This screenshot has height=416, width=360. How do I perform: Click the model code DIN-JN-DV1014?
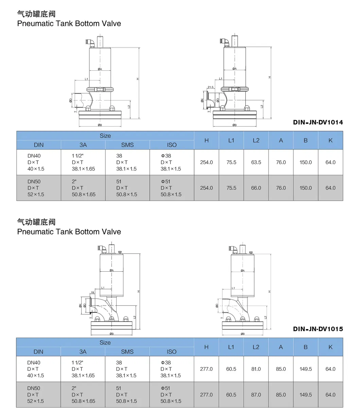click(x=318, y=122)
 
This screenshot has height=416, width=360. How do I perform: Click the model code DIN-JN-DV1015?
click(x=318, y=329)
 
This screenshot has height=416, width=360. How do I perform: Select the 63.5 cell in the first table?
click(x=256, y=162)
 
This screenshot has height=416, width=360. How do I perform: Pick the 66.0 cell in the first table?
click(x=256, y=188)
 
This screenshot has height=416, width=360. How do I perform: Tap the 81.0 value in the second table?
click(x=256, y=369)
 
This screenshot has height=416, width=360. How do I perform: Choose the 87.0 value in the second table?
click(x=256, y=395)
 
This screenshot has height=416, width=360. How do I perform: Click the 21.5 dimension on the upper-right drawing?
click(x=210, y=87)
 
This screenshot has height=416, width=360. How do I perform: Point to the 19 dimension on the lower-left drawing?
click(x=92, y=292)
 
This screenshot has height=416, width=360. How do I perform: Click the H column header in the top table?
click(x=206, y=140)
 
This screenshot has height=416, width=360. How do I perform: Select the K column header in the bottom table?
click(x=330, y=347)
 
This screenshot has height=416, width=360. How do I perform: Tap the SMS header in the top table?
click(x=127, y=145)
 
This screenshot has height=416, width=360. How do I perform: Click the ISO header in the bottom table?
click(x=172, y=352)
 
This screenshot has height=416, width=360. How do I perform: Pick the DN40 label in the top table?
click(x=34, y=156)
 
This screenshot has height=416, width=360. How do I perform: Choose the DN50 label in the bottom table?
click(x=34, y=388)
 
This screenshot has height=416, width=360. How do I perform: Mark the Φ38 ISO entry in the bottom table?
click(x=166, y=363)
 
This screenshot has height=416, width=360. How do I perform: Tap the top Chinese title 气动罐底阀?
click(x=36, y=14)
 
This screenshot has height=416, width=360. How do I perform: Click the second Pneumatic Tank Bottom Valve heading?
click(x=69, y=232)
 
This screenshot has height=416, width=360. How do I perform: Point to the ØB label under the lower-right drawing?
click(x=242, y=334)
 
